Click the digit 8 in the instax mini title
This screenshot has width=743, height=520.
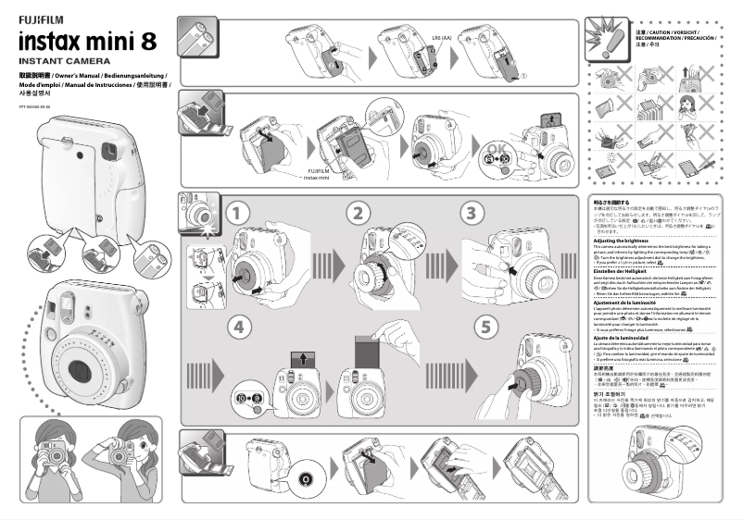pos(145,41)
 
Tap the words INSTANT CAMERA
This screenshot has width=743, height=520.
pos(57,60)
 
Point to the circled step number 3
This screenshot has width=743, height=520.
pos(472,213)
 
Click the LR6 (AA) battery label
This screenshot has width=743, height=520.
pos(441,38)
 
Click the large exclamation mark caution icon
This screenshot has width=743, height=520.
pos(610,42)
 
